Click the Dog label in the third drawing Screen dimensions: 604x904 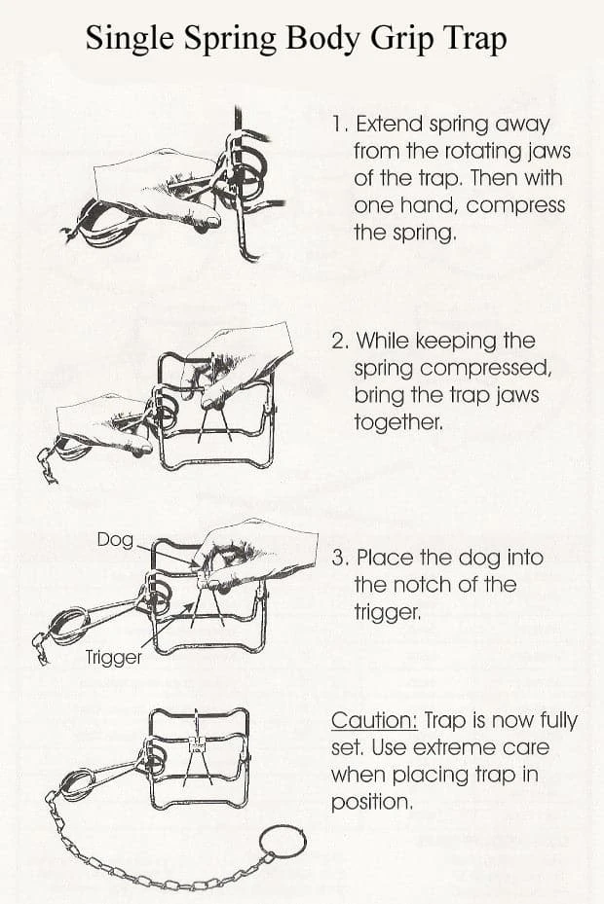coord(115,540)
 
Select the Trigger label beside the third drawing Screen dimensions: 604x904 coord(113,657)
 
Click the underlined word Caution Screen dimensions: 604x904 coord(374,721)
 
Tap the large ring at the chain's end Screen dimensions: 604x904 coord(282,846)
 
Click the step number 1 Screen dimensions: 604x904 coord(338,124)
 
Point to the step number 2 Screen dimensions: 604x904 coord(340,341)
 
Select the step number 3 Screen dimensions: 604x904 coord(340,558)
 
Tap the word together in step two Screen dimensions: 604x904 coord(397,422)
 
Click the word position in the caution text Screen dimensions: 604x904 coord(371,803)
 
